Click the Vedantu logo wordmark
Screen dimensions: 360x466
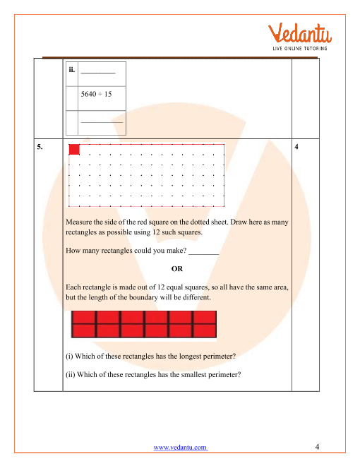click(300, 33)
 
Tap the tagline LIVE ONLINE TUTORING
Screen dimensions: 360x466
click(300, 49)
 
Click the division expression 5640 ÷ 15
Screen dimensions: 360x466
click(96, 94)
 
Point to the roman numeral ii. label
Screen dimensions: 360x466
click(71, 70)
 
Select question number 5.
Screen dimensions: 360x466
click(40, 147)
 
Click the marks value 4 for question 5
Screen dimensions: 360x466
click(296, 147)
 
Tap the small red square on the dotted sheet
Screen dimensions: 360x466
click(74, 150)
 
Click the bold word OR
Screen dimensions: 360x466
click(177, 269)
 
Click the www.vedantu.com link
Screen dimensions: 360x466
click(180, 447)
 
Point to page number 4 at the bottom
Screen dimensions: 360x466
click(317, 447)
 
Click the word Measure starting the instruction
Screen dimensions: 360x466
click(79, 222)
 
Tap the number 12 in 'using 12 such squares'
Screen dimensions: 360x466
click(156, 232)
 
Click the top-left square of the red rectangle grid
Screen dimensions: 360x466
click(84, 318)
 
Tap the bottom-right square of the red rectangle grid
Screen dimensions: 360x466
click(205, 330)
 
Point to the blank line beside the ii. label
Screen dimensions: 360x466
click(98, 73)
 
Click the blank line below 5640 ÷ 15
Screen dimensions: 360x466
click(102, 122)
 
